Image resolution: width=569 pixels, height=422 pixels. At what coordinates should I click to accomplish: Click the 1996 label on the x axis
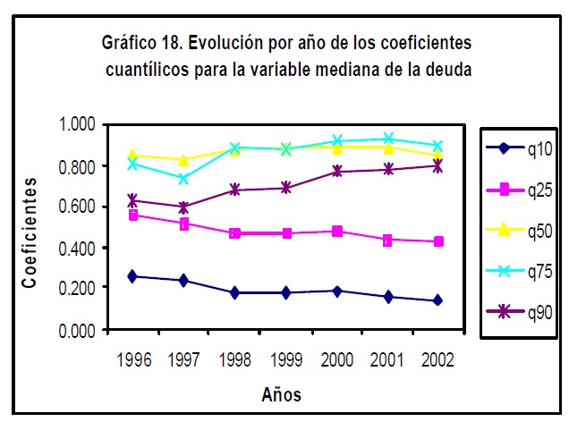click(x=132, y=359)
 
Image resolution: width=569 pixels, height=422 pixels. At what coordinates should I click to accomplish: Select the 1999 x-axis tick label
click(x=285, y=359)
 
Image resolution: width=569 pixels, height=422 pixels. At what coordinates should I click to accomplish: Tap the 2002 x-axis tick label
click(x=437, y=359)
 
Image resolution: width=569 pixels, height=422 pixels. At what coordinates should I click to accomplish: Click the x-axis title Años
click(x=282, y=394)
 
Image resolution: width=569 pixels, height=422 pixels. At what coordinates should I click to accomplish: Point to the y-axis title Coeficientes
click(x=31, y=232)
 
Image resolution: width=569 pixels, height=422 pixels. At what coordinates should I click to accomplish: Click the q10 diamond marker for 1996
click(x=132, y=276)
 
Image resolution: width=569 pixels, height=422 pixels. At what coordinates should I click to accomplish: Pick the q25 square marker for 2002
click(x=438, y=242)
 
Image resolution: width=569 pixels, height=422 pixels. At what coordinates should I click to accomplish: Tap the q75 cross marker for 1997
click(x=183, y=179)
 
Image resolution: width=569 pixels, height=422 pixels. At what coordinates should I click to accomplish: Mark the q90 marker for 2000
click(x=336, y=171)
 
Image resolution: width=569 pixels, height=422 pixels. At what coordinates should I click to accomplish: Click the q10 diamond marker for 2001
click(x=387, y=296)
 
